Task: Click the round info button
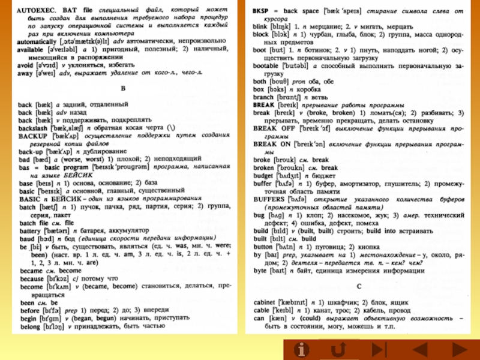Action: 302,349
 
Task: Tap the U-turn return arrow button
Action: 338,349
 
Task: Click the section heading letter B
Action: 123,88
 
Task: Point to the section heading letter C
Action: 359,286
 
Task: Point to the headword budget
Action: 265,176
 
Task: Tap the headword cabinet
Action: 266,302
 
